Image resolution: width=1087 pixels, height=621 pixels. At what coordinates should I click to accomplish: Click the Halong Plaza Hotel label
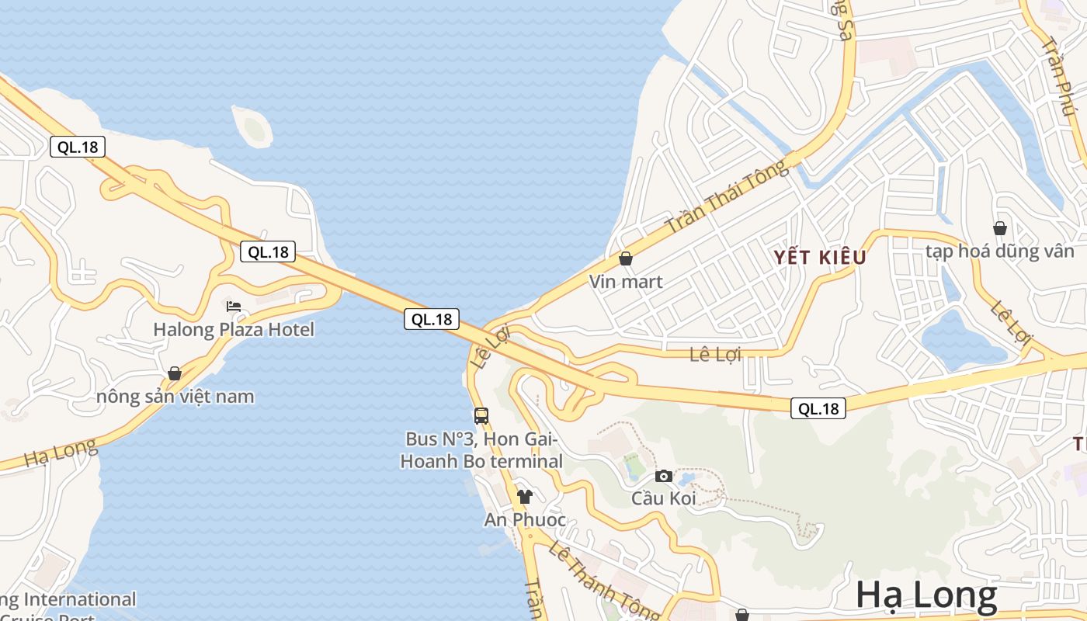coord(234,330)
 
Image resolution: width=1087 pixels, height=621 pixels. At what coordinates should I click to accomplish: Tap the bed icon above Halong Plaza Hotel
coord(234,307)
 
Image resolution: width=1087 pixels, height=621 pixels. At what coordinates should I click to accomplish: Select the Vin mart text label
coord(626,282)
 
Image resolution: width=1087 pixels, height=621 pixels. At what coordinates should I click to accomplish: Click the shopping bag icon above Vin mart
coord(626,258)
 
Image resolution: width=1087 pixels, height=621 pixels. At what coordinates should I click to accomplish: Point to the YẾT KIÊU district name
coord(820,258)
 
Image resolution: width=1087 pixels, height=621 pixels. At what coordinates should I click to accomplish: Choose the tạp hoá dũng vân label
coord(1000,252)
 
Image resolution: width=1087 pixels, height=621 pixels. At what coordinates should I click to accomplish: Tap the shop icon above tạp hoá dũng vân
coord(1000,228)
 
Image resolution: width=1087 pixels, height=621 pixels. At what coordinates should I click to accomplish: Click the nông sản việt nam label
coord(175,397)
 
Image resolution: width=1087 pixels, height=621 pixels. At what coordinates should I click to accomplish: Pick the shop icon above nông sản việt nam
coord(175,373)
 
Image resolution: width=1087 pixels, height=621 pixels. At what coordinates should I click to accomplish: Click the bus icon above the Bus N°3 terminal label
coord(481,415)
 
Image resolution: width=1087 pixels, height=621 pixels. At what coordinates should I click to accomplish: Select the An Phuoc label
coord(525,520)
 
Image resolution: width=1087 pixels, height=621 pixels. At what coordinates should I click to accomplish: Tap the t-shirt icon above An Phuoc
coord(525,497)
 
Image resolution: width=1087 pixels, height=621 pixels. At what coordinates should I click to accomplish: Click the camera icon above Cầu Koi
coord(664,476)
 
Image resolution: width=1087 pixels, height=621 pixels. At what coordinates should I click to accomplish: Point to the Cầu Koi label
coord(664,498)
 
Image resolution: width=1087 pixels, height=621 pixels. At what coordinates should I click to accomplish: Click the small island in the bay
coord(253,127)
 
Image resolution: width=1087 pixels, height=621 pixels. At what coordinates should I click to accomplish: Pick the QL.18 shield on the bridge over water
coord(432,319)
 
